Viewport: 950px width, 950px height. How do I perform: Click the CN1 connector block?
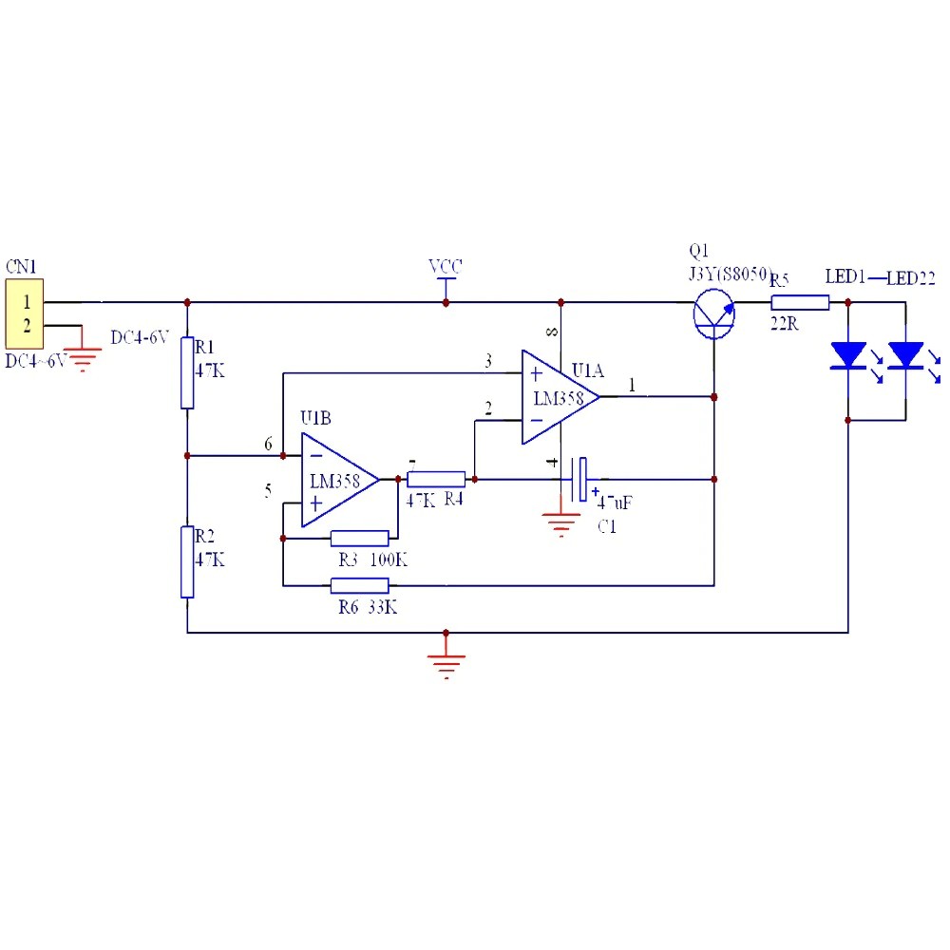click(24, 313)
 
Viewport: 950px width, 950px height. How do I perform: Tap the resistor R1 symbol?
click(188, 371)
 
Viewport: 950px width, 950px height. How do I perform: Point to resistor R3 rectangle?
click(359, 539)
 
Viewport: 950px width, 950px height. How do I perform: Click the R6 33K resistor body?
click(359, 585)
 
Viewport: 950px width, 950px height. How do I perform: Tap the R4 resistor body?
click(436, 479)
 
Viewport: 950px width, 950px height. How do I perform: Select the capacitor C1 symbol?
click(581, 479)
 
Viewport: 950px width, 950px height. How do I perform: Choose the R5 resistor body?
click(800, 303)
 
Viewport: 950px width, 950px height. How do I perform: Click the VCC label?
click(445, 266)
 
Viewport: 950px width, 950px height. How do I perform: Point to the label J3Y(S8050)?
click(729, 275)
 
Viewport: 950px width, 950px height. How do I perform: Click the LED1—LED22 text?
click(880, 277)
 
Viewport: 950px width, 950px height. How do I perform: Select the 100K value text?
click(389, 560)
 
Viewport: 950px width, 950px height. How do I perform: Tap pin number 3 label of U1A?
click(488, 361)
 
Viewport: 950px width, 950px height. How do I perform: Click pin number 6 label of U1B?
click(268, 444)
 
